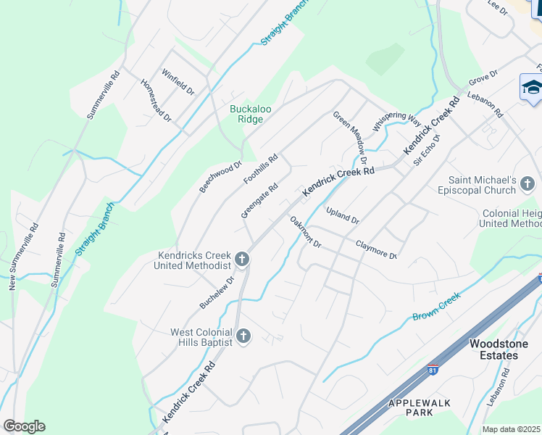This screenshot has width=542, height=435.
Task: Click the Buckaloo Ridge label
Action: [x=251, y=114]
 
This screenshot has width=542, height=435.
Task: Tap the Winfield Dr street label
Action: [x=178, y=83]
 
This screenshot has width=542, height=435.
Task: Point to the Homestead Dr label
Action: [x=156, y=101]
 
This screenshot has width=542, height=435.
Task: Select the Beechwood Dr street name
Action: [x=220, y=177]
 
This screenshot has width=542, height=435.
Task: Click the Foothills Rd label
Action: [x=261, y=168]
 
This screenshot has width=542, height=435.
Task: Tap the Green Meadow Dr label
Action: [x=351, y=137]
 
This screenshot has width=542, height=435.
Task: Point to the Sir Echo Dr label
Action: [x=427, y=151]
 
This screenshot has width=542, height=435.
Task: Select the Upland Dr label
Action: [x=343, y=215]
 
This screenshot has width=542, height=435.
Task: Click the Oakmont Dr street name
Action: [x=305, y=232]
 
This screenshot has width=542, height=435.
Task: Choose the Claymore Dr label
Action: [x=376, y=250]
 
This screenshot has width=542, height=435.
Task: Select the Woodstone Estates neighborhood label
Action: [x=493, y=349]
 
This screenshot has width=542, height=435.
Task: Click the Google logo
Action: [x=24, y=426]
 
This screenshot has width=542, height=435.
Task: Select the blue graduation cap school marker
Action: [x=532, y=88]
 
